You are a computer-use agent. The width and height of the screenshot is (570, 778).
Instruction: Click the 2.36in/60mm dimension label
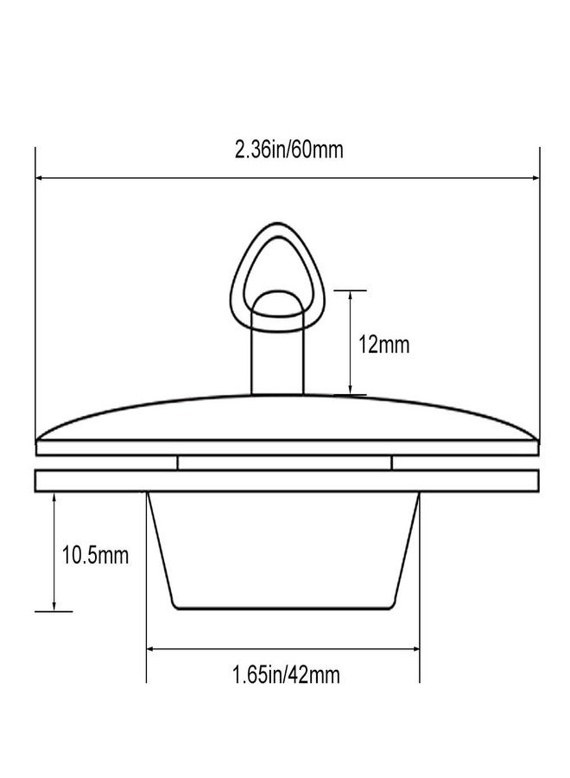click(x=289, y=150)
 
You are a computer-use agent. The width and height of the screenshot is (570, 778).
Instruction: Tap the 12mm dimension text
click(x=383, y=344)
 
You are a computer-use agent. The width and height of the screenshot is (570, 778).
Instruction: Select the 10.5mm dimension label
click(x=95, y=555)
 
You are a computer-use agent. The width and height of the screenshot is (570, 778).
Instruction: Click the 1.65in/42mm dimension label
click(x=287, y=675)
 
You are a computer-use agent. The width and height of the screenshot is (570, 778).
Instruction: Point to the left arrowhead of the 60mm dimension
click(x=40, y=178)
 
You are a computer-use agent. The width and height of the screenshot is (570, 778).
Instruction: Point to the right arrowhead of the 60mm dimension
click(x=535, y=178)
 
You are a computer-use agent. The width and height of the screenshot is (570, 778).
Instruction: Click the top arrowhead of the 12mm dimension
click(x=351, y=296)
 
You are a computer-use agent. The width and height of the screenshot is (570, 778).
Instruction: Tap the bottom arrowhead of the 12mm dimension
click(x=351, y=390)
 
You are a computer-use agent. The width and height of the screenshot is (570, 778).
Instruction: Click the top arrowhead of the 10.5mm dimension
click(x=54, y=498)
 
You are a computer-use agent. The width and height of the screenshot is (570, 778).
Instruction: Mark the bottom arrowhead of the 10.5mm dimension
click(x=54, y=605)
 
